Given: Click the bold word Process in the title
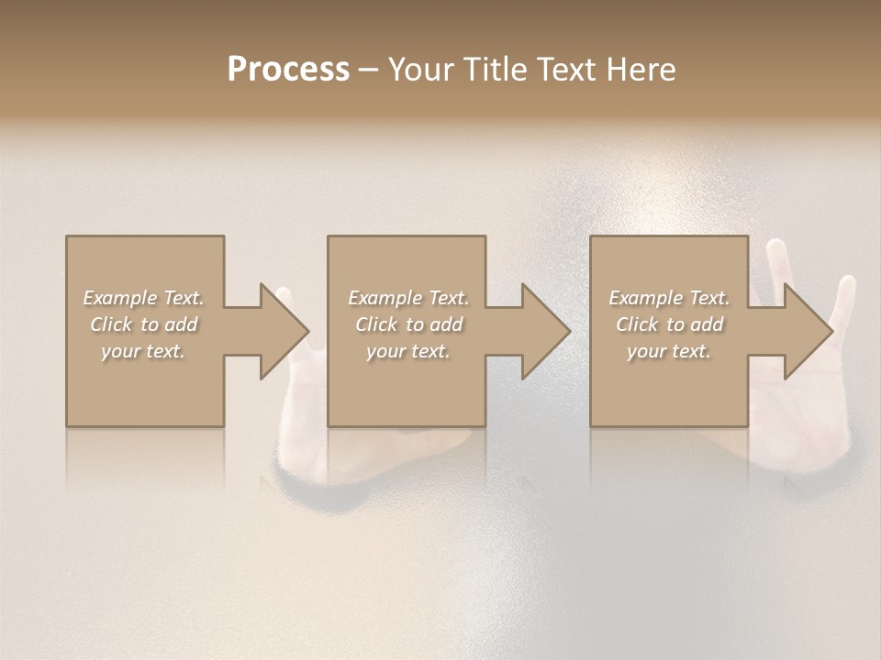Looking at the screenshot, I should pyautogui.click(x=288, y=70).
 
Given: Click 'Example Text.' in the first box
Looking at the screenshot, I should pyautogui.click(x=143, y=298).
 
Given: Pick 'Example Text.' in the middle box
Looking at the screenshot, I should pyautogui.click(x=407, y=298).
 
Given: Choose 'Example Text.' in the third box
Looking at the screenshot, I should pyautogui.click(x=669, y=298).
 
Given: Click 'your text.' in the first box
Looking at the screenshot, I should pyautogui.click(x=143, y=351).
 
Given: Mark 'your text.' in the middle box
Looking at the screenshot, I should pyautogui.click(x=407, y=351).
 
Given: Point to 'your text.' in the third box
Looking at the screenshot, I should pyautogui.click(x=669, y=351).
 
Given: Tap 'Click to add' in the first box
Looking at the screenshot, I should pyautogui.click(x=143, y=324).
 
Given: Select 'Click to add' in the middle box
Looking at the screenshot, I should pyautogui.click(x=407, y=324).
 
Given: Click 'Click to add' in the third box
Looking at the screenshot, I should pyautogui.click(x=669, y=324).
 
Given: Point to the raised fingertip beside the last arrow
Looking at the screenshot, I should pyautogui.click(x=846, y=286).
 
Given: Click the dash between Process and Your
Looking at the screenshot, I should pyautogui.click(x=368, y=70).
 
